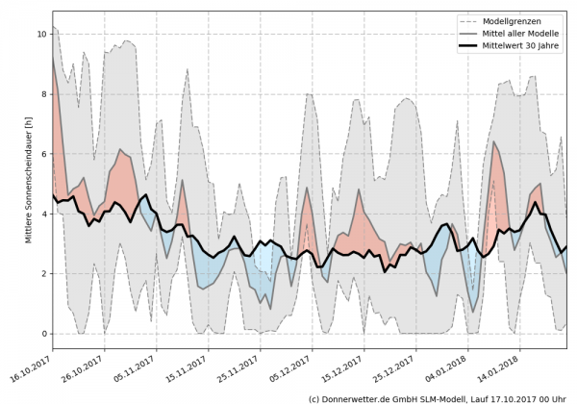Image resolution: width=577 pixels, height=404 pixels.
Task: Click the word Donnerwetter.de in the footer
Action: point(359,397)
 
